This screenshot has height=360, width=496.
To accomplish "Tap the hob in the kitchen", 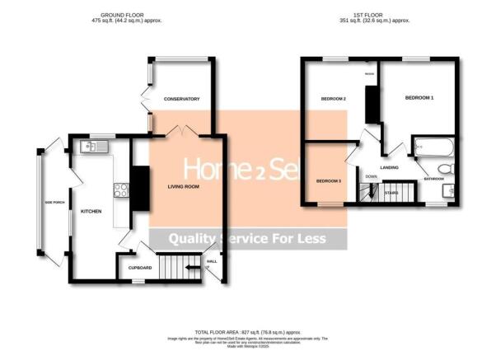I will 120,190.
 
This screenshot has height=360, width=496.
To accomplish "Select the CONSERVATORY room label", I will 182,99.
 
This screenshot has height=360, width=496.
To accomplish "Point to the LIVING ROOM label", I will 184,187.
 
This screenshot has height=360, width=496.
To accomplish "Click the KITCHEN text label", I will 91,212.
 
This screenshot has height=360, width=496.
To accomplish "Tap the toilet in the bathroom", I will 444,170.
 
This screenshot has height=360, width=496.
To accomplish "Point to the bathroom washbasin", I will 447,191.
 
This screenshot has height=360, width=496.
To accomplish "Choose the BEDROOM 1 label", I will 419,98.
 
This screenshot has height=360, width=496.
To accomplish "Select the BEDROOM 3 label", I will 328,180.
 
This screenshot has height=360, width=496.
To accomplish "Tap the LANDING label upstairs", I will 390,166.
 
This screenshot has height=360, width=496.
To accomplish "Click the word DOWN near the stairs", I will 372,175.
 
